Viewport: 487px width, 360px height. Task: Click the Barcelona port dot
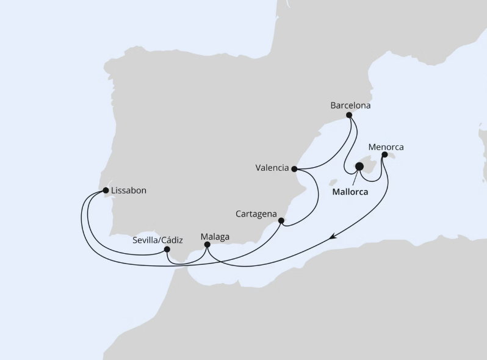point(349,115)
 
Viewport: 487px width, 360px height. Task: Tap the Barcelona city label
point(350,105)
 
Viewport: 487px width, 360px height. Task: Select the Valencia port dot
point(294,169)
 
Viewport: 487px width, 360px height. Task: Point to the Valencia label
point(272,167)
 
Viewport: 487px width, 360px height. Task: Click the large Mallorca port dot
point(359,165)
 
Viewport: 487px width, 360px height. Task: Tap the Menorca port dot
point(384,155)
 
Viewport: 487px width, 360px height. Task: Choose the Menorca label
point(386,147)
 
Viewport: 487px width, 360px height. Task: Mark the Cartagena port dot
point(281,221)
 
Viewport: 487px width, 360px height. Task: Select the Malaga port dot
point(207,245)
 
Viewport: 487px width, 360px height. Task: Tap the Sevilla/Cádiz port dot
point(167,248)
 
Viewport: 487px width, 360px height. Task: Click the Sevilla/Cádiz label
point(157,240)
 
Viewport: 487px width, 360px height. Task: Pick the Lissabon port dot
point(106,190)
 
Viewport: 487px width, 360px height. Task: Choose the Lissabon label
point(129,190)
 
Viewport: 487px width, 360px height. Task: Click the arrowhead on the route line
point(333,237)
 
